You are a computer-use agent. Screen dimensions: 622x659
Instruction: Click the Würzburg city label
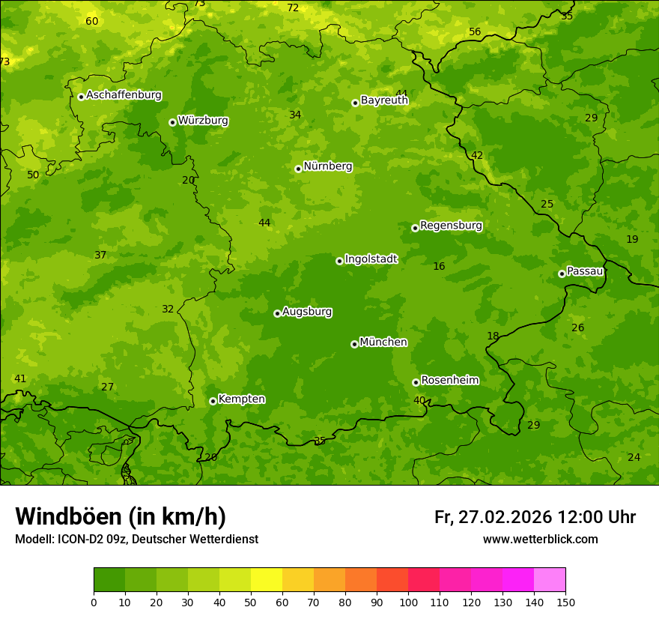203,121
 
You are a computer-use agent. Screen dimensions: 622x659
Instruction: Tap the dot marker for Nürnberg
298,169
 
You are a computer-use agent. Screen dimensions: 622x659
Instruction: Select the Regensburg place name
451,226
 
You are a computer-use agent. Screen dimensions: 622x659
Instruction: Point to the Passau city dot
562,274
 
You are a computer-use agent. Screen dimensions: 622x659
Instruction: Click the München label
383,342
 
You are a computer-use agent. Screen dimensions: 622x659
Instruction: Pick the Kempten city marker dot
213,401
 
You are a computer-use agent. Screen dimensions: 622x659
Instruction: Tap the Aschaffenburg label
124,95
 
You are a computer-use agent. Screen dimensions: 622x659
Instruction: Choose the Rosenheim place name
449,381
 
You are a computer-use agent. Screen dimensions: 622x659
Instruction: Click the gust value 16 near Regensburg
439,266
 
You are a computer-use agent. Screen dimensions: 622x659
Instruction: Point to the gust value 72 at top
293,8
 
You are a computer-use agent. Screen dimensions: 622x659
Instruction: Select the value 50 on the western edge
33,175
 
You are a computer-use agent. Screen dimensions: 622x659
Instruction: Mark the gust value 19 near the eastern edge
632,239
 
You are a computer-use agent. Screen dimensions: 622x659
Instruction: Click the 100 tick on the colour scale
408,602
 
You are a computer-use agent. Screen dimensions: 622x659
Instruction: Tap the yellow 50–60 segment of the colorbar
267,580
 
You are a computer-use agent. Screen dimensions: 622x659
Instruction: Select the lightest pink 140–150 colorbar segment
550,580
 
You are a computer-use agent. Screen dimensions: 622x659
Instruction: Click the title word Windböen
68,516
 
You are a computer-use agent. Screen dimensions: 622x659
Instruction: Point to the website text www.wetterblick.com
540,539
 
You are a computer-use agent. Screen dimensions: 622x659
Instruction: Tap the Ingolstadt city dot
339,261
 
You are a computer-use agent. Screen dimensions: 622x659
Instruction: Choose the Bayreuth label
384,100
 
